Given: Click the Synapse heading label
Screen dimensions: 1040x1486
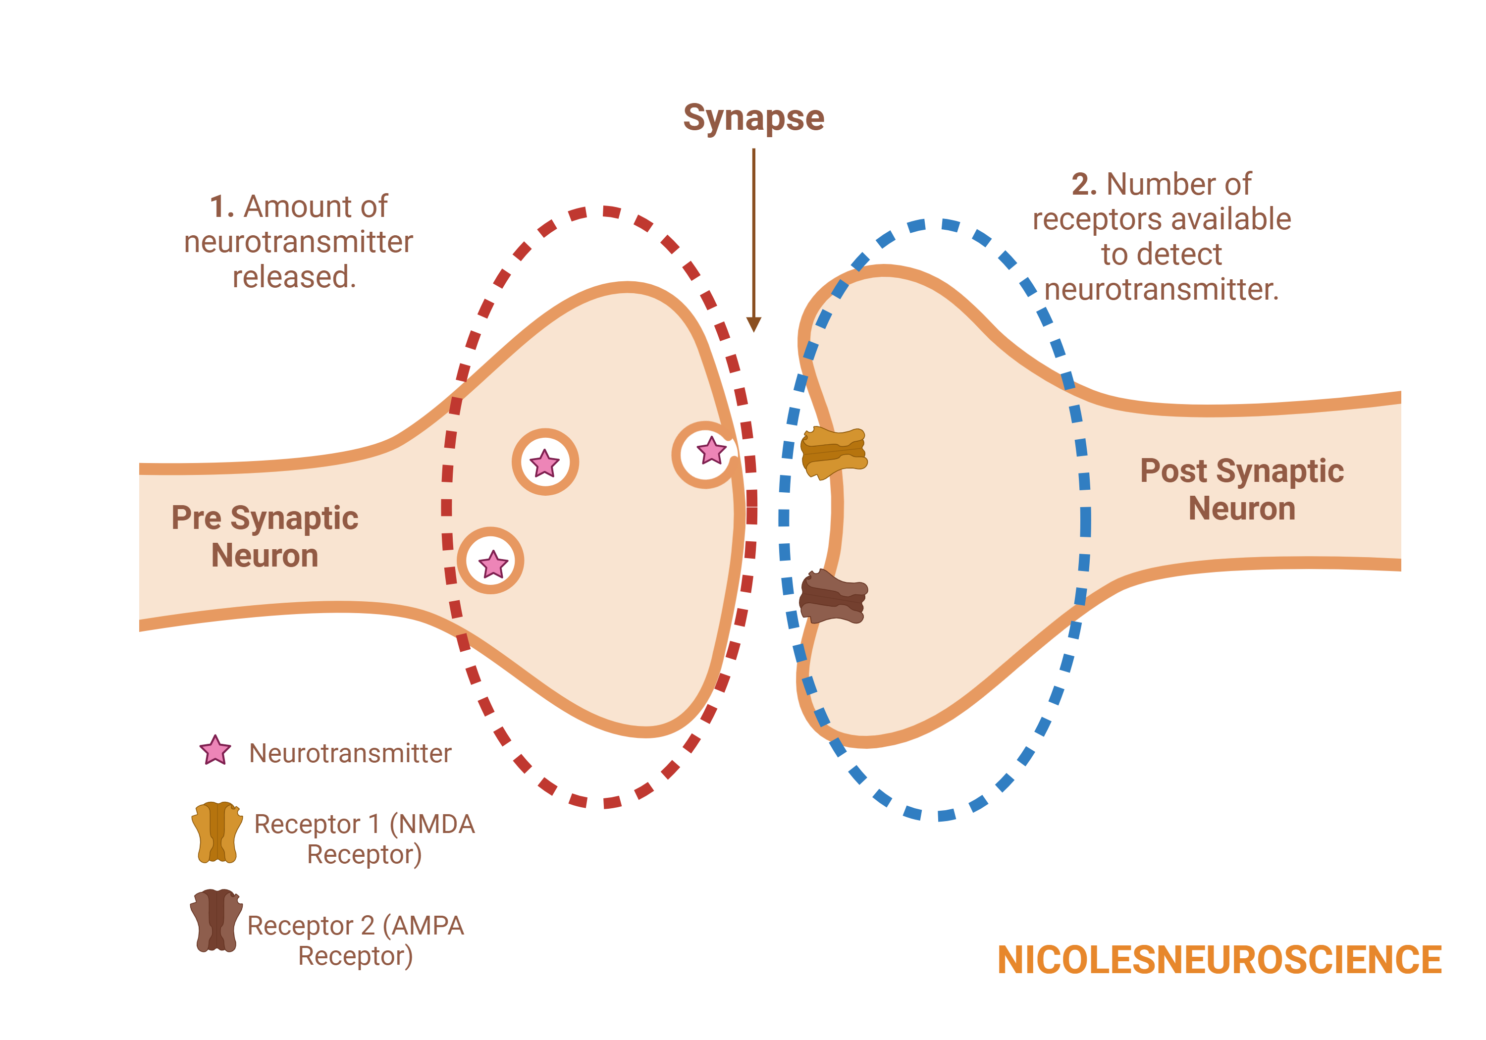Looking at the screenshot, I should (x=753, y=118).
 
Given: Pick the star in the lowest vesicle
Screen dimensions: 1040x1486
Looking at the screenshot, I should (x=493, y=564).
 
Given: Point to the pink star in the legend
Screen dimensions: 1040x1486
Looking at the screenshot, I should (x=215, y=750).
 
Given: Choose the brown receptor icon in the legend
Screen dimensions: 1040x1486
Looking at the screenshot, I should (x=216, y=920).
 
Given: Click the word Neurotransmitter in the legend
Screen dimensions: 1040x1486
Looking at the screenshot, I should (x=350, y=753).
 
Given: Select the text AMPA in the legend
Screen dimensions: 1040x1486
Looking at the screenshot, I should (x=428, y=926).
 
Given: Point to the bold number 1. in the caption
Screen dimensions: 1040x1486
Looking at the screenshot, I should (x=222, y=207).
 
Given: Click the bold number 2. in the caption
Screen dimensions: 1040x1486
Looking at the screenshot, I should (x=1084, y=184).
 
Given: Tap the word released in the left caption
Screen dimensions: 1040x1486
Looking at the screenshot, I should (x=294, y=277).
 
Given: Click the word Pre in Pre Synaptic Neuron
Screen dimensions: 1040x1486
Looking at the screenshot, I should (x=196, y=518).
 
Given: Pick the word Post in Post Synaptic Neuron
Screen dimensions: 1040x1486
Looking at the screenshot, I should (x=1172, y=470).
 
